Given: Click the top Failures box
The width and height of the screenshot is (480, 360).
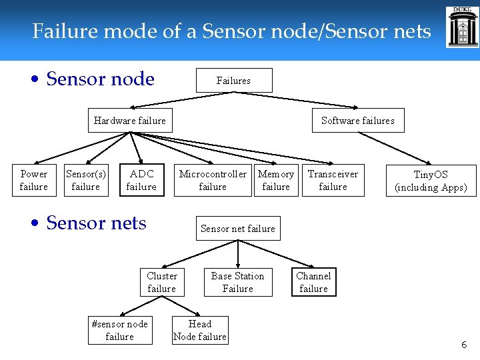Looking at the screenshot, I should (233, 81).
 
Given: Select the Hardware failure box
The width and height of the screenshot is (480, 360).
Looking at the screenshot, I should (130, 121).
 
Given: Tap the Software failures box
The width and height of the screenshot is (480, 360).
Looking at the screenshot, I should (357, 121).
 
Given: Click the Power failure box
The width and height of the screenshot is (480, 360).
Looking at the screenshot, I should (34, 181).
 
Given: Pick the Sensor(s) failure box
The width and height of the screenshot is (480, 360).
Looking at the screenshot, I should (86, 181).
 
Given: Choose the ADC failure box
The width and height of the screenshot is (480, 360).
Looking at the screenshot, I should (141, 181).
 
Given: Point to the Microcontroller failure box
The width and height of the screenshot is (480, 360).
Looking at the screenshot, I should (213, 181).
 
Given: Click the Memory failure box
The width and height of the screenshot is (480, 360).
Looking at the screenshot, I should (276, 181).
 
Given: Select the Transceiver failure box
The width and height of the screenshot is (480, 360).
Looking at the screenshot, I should (333, 181).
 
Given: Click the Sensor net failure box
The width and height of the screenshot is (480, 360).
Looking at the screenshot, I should (238, 229).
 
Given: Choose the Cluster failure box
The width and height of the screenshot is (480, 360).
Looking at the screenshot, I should (162, 283).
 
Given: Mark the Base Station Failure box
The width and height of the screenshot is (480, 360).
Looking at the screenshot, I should (238, 283).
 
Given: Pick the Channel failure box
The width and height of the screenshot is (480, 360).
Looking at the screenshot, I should (313, 283).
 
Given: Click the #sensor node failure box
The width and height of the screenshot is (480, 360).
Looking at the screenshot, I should (120, 331).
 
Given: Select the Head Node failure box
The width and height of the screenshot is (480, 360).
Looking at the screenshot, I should (200, 330).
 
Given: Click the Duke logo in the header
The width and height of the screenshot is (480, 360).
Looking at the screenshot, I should (463, 27).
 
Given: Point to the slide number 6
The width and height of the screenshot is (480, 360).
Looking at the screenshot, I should (464, 345).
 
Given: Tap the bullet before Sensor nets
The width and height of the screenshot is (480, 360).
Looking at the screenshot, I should (37, 224).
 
